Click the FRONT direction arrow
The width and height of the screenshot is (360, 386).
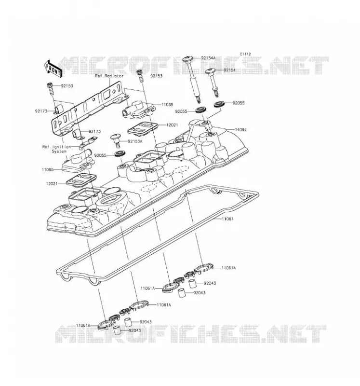pos(53,69)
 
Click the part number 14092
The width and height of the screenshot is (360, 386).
pos(240,130)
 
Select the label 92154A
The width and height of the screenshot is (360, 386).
pos(208,58)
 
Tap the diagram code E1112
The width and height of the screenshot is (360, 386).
pos(245,54)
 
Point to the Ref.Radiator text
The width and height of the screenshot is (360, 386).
pos(109,76)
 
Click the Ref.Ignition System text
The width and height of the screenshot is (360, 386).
pos(56,149)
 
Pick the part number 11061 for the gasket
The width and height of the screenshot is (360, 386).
pos(227,219)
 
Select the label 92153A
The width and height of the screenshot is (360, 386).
pos(135,141)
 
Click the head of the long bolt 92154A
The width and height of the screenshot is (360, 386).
pos(188,59)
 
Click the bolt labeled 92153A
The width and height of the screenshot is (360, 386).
pos(116,140)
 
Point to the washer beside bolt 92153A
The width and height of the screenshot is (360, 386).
pos(120,154)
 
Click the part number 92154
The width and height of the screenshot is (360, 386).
pos(230,70)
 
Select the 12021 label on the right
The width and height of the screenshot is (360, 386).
pos(172,125)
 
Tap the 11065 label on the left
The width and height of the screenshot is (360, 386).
pos(48,170)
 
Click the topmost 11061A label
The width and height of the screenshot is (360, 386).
pos(228,268)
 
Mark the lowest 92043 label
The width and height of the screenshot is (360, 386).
pos(135,331)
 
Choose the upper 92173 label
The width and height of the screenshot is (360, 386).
pos(41,111)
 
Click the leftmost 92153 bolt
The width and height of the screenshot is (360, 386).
pos(50,89)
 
